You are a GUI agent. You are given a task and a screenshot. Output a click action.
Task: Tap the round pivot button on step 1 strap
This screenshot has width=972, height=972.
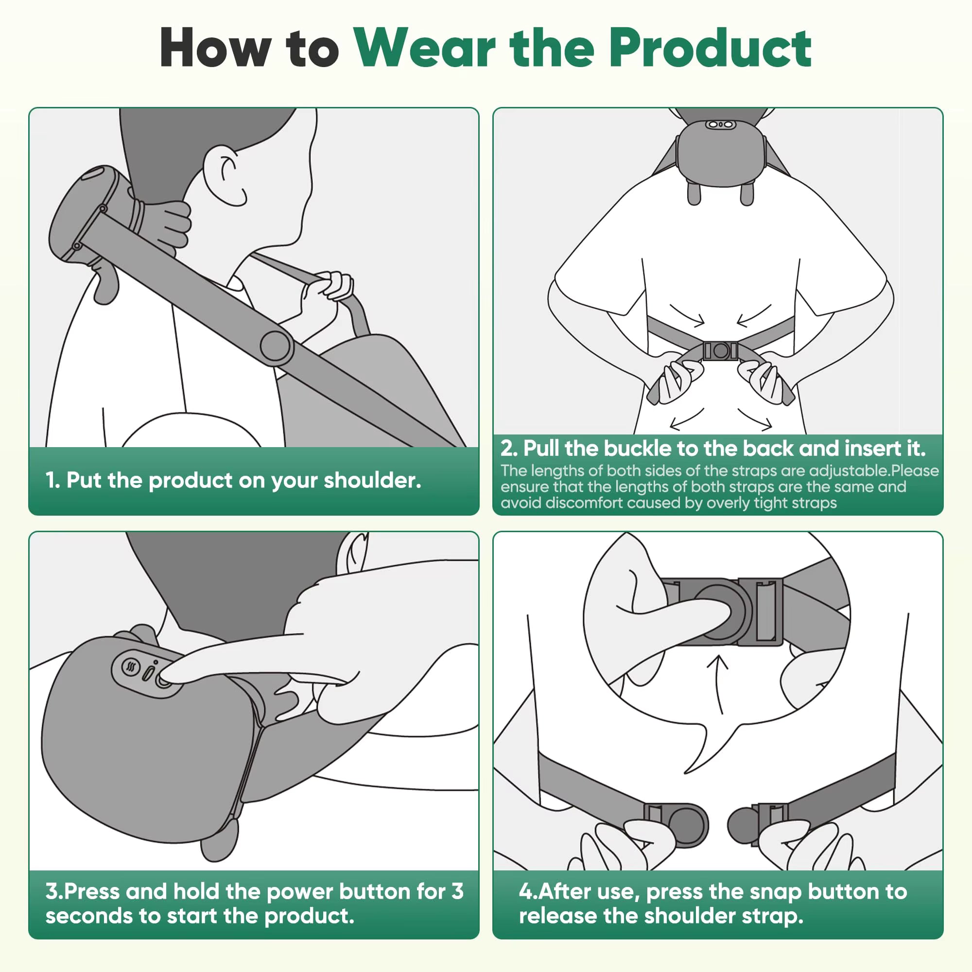(x=276, y=347)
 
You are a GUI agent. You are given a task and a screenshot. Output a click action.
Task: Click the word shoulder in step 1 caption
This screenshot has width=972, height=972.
(x=372, y=481)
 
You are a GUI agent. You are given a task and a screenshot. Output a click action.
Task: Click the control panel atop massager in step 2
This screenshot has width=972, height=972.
(x=719, y=124)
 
